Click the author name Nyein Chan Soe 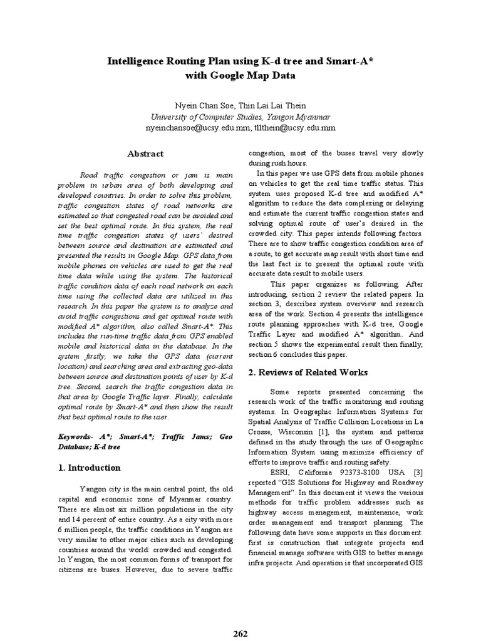coord(199,105)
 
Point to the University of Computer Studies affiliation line coord(240,116)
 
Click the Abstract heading coord(145,154)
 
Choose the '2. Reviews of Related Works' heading coord(308,372)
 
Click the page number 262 coord(240,633)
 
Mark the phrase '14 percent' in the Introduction coord(90,519)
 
